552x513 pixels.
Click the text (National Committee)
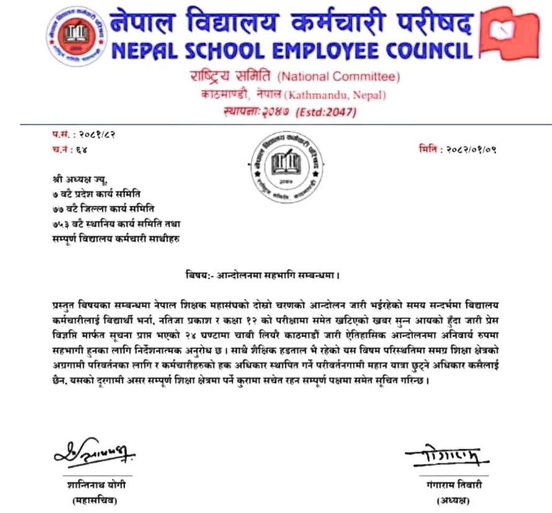click(x=338, y=78)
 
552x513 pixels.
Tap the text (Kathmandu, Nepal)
click(x=335, y=95)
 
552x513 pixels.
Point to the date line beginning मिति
click(x=460, y=150)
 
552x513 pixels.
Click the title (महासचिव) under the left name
click(x=93, y=500)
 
